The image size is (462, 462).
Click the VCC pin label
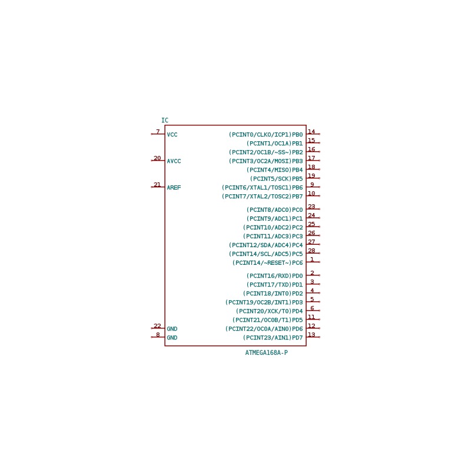[172, 135]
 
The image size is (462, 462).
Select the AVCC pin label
[174, 161]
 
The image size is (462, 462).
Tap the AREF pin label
[174, 187]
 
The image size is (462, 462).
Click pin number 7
[158, 131]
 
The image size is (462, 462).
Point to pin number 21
[157, 184]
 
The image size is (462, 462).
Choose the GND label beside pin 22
[172, 329]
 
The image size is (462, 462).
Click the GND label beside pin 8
[172, 338]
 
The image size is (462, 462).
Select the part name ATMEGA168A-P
[267, 353]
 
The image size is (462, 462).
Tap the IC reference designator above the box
[165, 120]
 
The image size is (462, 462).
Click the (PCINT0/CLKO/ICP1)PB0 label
[266, 135]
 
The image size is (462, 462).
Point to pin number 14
[311, 131]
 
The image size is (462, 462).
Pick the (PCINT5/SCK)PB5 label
[277, 179]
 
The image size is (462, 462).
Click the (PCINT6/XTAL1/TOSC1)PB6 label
[262, 188]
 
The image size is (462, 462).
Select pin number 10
[311, 193]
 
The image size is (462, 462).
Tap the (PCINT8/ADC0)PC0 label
[275, 210]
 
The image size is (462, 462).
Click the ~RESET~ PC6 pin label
[268, 263]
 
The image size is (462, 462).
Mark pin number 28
[311, 251]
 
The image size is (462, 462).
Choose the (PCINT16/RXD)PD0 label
[275, 276]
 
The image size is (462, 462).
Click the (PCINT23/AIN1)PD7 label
[273, 338]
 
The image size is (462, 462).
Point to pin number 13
[311, 334]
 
